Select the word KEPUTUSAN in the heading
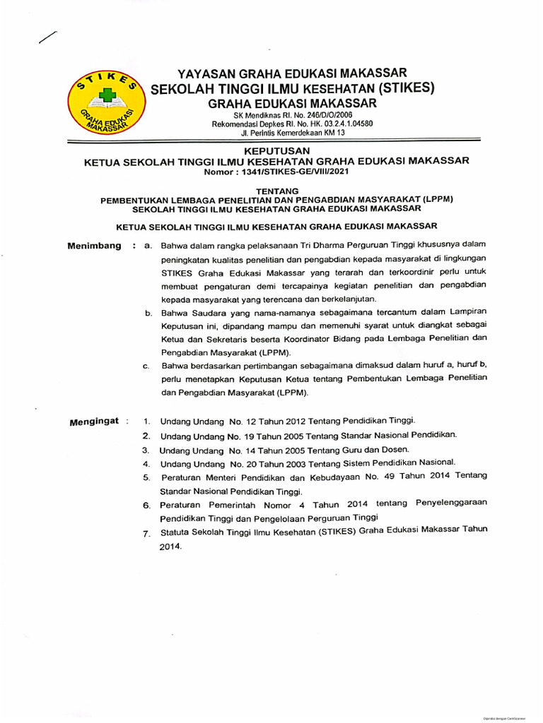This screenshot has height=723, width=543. (x=276, y=150)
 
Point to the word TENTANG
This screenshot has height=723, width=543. (x=276, y=190)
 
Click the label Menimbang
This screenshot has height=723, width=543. (x=94, y=246)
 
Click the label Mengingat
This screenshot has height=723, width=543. (x=94, y=422)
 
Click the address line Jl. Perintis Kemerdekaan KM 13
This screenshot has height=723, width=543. (x=293, y=132)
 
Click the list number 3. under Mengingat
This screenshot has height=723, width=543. (x=146, y=450)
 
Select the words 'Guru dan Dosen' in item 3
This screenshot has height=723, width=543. (x=375, y=449)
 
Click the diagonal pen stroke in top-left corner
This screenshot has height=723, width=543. (x=48, y=40)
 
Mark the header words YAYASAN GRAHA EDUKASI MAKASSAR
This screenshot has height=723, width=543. (x=292, y=73)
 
